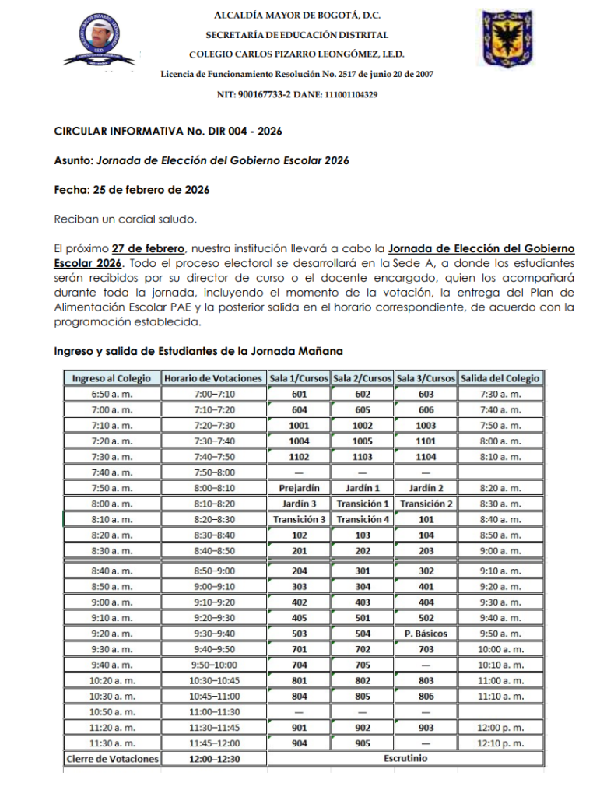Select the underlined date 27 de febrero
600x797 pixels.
pyautogui.click(x=149, y=249)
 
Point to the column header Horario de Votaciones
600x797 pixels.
pyautogui.click(x=212, y=378)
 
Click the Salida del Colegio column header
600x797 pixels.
pyautogui.click(x=500, y=378)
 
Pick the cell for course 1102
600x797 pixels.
pyautogui.click(x=299, y=457)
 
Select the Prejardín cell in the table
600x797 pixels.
pyautogui.click(x=299, y=488)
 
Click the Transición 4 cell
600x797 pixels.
pyautogui.click(x=362, y=519)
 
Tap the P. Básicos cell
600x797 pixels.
pyautogui.click(x=426, y=634)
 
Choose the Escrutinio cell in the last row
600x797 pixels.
pyautogui.click(x=405, y=758)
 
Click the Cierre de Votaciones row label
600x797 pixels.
pyautogui.click(x=112, y=758)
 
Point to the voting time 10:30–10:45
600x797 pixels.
pyautogui.click(x=214, y=680)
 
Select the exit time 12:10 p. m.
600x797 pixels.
pyautogui.click(x=500, y=743)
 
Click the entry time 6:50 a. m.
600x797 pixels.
pyautogui.click(x=113, y=394)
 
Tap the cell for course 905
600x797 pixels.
pyautogui.click(x=362, y=743)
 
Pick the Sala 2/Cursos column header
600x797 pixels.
pyautogui.click(x=362, y=378)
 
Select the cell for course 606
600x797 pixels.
pyautogui.click(x=426, y=409)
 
